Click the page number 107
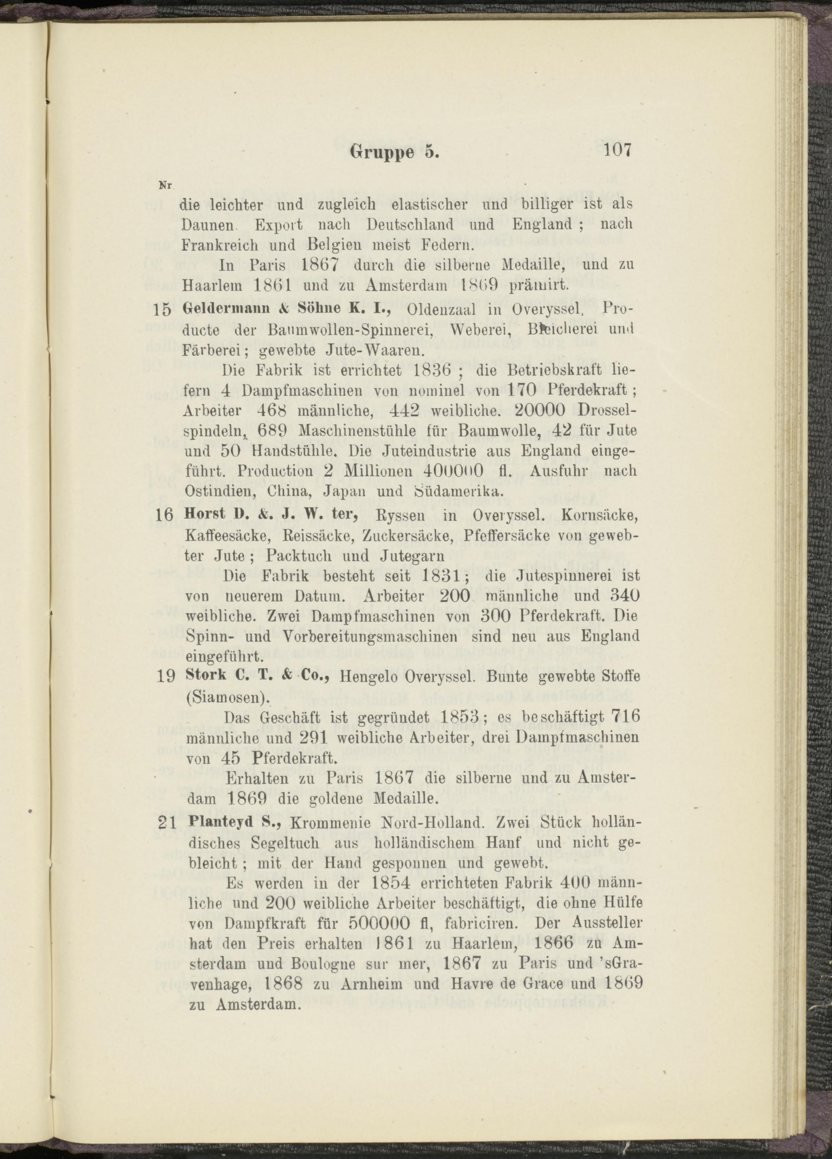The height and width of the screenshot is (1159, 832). [x=617, y=150]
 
